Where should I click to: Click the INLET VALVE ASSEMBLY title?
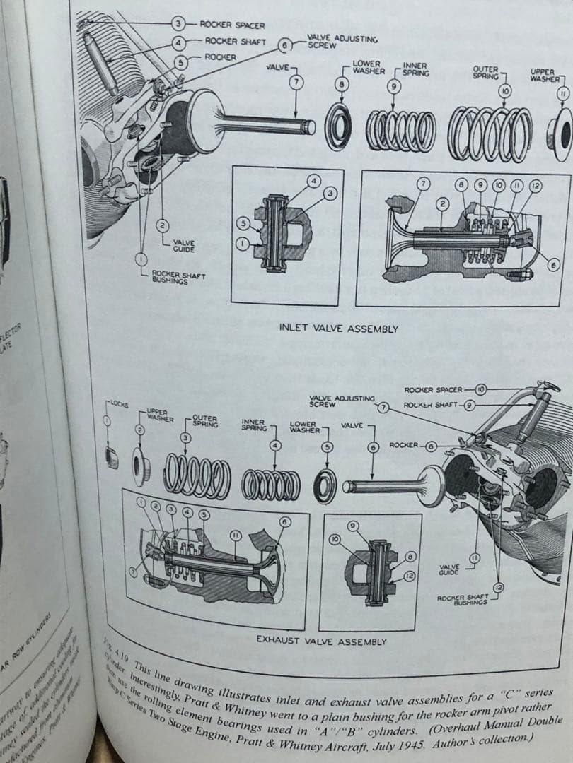(339, 329)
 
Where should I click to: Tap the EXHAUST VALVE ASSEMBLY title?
(321, 641)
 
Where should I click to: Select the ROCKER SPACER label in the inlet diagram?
(232, 25)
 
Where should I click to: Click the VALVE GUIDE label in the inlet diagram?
(185, 245)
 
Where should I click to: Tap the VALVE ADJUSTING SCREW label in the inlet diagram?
(342, 41)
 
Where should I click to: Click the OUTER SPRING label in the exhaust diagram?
(204, 421)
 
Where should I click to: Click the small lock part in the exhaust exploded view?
(110, 456)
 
